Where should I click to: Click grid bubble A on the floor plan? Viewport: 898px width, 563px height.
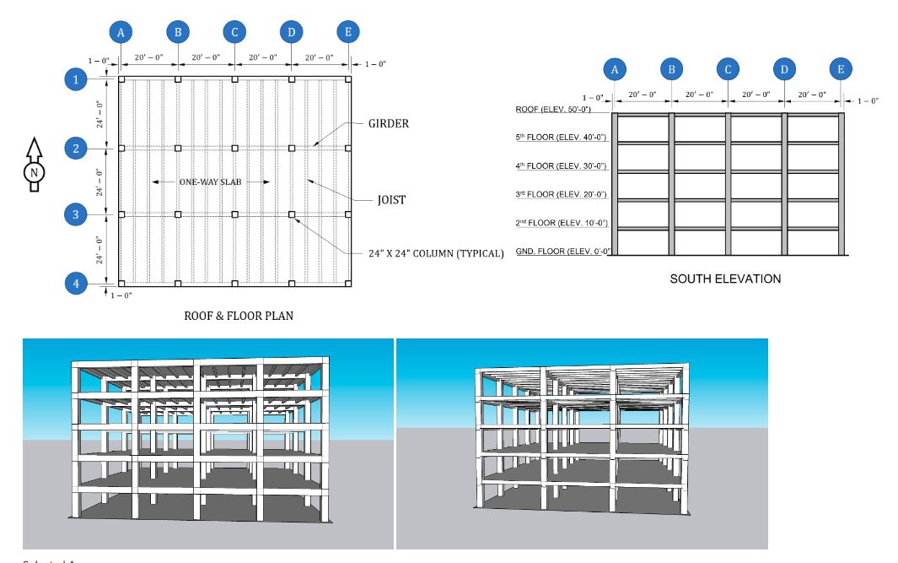[121, 32]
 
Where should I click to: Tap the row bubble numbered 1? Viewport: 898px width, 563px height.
[77, 79]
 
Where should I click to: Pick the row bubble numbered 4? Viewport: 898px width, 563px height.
[77, 284]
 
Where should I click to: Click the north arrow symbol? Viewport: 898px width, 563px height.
[34, 165]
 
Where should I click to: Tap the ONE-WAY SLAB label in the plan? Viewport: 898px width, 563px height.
[211, 181]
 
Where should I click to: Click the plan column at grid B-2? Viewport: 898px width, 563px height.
[178, 148]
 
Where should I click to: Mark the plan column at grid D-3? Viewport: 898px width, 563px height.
[292, 214]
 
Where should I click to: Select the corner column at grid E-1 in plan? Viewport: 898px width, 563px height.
[348, 79]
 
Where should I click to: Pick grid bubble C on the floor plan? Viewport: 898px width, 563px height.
[234, 32]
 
